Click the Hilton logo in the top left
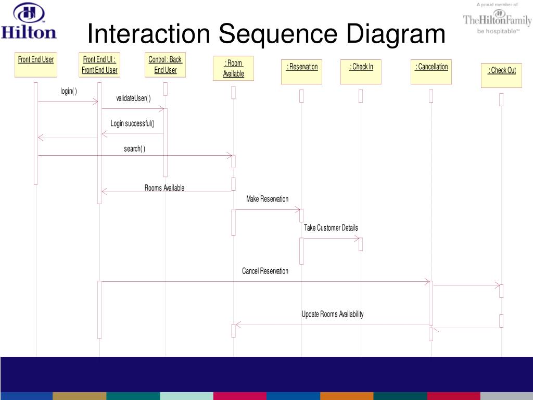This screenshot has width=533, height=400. [x=29, y=21]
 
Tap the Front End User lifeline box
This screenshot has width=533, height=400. [x=36, y=65]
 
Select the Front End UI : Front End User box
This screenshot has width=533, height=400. [x=99, y=65]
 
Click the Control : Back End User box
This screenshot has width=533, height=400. [x=166, y=65]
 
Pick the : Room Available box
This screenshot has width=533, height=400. [x=233, y=68]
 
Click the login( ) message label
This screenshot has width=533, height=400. [x=69, y=92]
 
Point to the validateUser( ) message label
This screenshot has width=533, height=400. [x=133, y=99]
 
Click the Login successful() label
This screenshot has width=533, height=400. [x=132, y=124]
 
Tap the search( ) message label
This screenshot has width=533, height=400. [x=134, y=149]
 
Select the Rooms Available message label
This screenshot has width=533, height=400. [x=164, y=188]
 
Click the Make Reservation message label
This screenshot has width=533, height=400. [x=267, y=199]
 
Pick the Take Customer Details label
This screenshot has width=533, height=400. [x=331, y=228]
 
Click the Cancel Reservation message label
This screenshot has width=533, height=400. [x=265, y=271]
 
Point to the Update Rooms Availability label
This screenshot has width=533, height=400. [x=333, y=314]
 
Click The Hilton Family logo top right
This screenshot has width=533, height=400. [x=497, y=19]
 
